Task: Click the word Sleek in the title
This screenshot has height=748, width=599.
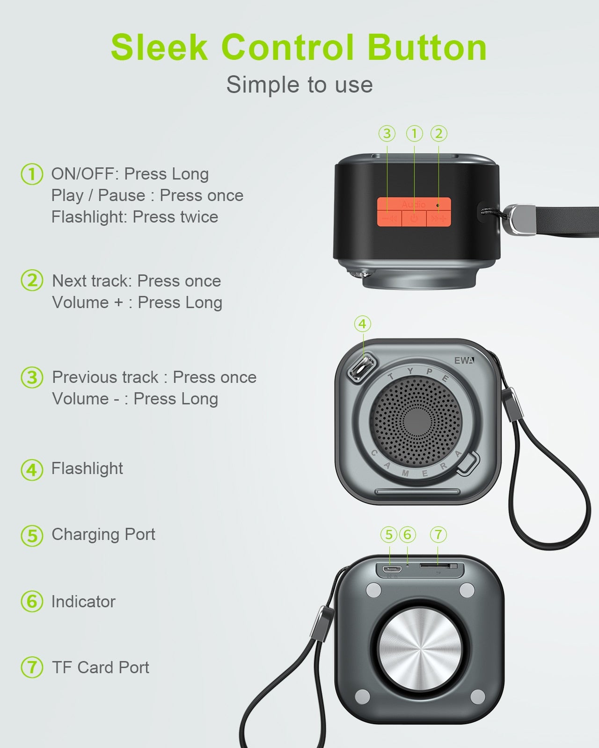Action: (159, 47)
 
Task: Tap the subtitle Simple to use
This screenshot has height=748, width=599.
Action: (299, 85)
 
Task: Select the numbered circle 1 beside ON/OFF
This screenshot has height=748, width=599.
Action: (32, 174)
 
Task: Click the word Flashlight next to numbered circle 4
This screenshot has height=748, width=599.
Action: (87, 468)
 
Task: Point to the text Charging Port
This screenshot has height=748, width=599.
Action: (103, 534)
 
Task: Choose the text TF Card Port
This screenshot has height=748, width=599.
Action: (101, 668)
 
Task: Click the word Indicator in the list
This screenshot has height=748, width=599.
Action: (84, 602)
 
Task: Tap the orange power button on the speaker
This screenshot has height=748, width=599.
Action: (414, 218)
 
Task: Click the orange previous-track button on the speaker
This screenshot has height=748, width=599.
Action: (389, 218)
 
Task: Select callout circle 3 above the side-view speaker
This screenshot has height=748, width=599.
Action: (387, 134)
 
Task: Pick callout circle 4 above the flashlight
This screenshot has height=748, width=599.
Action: (363, 324)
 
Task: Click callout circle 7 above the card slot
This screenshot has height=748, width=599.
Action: (438, 534)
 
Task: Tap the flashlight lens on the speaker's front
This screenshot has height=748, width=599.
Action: (362, 368)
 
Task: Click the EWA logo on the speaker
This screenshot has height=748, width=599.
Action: (464, 360)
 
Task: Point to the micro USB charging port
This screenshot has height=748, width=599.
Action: (392, 569)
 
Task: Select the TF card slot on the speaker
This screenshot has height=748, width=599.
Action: (438, 566)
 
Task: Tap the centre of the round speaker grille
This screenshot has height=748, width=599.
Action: (417, 422)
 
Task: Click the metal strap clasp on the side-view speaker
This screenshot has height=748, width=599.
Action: (520, 219)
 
